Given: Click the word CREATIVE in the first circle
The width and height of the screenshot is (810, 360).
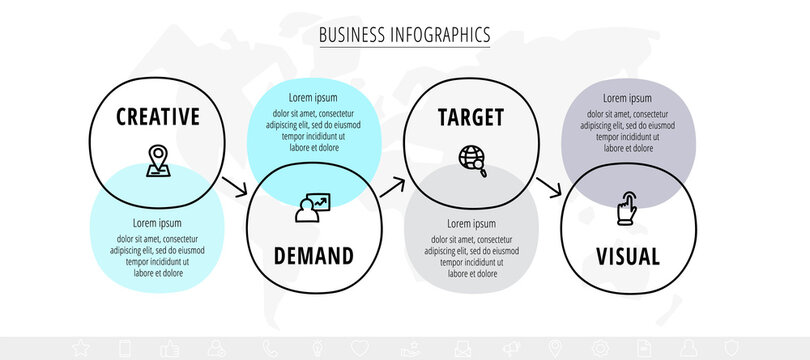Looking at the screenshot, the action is pyautogui.click(x=158, y=117).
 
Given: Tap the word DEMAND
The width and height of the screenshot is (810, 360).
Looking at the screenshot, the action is pyautogui.click(x=313, y=256).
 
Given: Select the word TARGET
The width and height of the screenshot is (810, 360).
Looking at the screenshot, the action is pyautogui.click(x=471, y=117).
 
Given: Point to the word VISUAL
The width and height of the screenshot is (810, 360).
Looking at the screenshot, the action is pyautogui.click(x=627, y=256).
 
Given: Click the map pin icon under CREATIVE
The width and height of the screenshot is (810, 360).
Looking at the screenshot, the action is pyautogui.click(x=157, y=160).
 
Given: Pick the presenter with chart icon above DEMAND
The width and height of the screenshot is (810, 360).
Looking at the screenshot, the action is pyautogui.click(x=312, y=208).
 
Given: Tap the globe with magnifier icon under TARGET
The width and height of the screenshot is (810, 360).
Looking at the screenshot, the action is pyautogui.click(x=471, y=159).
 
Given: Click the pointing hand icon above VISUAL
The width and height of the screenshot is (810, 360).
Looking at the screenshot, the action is pyautogui.click(x=627, y=207).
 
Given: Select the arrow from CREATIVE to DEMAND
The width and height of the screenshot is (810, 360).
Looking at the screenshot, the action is pyautogui.click(x=235, y=187).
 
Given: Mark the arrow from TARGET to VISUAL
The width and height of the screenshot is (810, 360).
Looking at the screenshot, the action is pyautogui.click(x=549, y=187).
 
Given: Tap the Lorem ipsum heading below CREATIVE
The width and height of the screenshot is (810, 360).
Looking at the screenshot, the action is pyautogui.click(x=157, y=223).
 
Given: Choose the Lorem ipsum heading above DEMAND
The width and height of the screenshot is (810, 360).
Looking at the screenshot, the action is pyautogui.click(x=313, y=98).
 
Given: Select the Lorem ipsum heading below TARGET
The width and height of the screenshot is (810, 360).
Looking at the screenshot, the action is pyautogui.click(x=471, y=223).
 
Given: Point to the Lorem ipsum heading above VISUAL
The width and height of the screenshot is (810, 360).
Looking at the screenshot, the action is pyautogui.click(x=627, y=98).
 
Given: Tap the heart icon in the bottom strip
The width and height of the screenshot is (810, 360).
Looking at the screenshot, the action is pyautogui.click(x=360, y=348).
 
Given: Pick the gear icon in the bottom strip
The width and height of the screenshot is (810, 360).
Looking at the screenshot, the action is pyautogui.click(x=600, y=348).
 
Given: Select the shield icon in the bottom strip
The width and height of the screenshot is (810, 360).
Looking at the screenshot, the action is pyautogui.click(x=733, y=348).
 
